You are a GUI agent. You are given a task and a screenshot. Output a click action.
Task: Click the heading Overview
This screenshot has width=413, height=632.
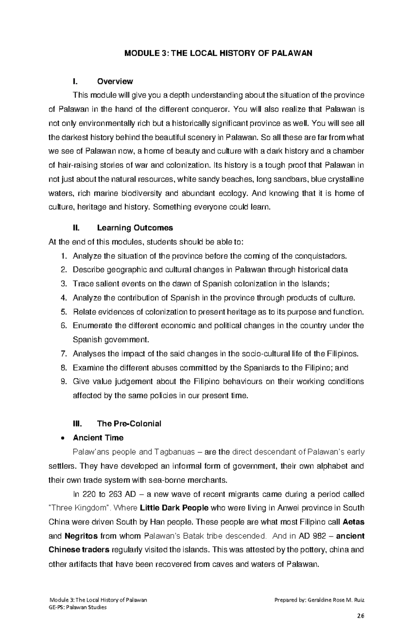(x=115, y=82)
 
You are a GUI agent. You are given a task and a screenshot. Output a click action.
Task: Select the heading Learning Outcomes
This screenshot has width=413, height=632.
(x=135, y=228)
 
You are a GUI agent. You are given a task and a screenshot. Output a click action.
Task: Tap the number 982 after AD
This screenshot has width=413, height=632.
(x=313, y=536)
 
